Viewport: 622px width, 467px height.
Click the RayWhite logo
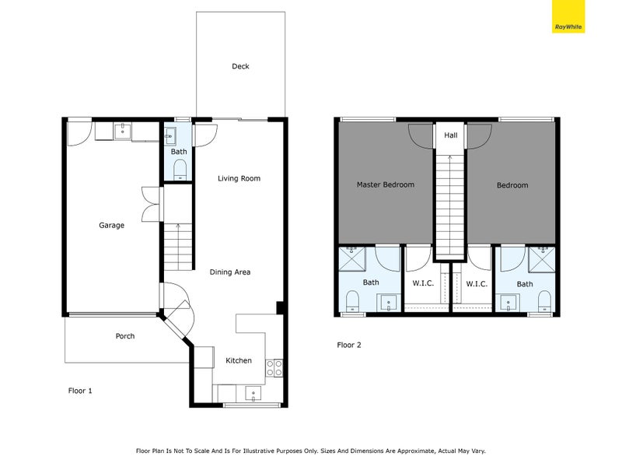click(568, 16)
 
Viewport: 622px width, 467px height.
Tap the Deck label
click(240, 67)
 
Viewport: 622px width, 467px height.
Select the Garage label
click(111, 226)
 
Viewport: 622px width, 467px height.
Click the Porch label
click(125, 336)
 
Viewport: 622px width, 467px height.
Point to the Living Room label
click(239, 178)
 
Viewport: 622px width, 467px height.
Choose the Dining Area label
click(230, 272)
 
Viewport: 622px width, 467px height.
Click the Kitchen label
click(239, 360)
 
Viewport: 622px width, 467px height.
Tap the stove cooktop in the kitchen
click(274, 367)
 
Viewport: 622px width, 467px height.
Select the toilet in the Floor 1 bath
click(180, 169)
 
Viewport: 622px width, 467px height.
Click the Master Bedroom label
click(385, 184)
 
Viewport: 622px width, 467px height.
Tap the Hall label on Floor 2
click(451, 135)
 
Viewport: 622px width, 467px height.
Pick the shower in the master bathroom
click(352, 258)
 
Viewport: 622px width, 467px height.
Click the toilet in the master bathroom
click(351, 300)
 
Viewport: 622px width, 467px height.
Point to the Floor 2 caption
click(349, 345)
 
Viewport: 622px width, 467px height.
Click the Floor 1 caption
click(80, 391)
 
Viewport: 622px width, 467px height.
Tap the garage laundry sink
click(121, 132)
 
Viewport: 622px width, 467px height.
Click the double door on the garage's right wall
click(150, 204)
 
